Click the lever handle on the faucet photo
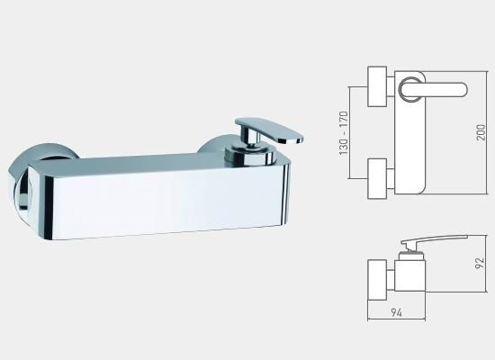(x=268, y=130)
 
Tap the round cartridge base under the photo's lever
(x=249, y=157)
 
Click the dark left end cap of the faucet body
(x=49, y=208)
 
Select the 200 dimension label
(x=481, y=132)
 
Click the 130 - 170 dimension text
(x=344, y=133)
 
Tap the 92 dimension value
(x=480, y=263)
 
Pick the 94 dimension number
(x=397, y=312)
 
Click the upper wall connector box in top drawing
(x=377, y=86)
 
